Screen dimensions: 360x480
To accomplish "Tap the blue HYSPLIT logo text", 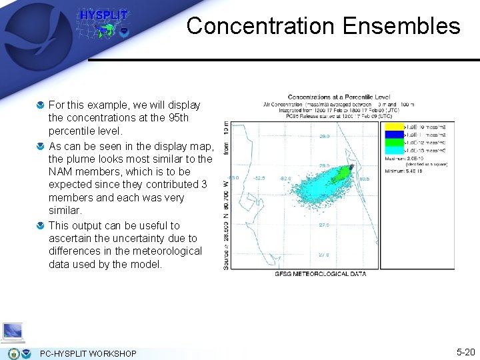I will [103, 15].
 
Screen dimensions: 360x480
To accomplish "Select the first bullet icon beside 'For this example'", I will [41, 105].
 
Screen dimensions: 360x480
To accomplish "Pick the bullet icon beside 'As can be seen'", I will [41, 146].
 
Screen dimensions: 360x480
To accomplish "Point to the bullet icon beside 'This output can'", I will [41, 226].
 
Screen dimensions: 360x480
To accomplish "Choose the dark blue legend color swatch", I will [395, 135].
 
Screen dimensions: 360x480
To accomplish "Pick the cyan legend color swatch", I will [395, 151].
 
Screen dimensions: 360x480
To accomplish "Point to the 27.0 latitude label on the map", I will [323, 255].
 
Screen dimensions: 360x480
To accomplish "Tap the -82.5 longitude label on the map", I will [259, 178].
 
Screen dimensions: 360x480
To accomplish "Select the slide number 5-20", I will [465, 352].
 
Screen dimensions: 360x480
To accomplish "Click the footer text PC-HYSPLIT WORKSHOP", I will [88, 353].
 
